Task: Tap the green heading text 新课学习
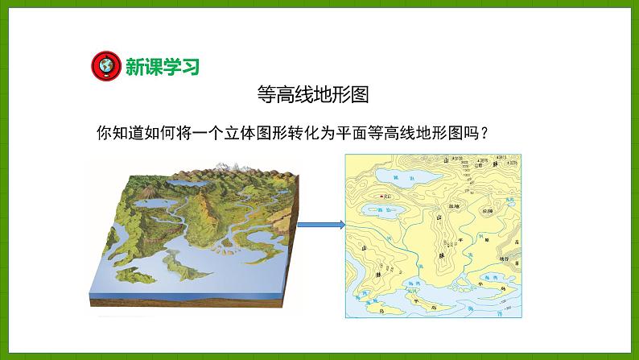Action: coord(161,65)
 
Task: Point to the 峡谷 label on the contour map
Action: coord(504,258)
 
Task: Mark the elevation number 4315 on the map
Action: coord(500,156)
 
